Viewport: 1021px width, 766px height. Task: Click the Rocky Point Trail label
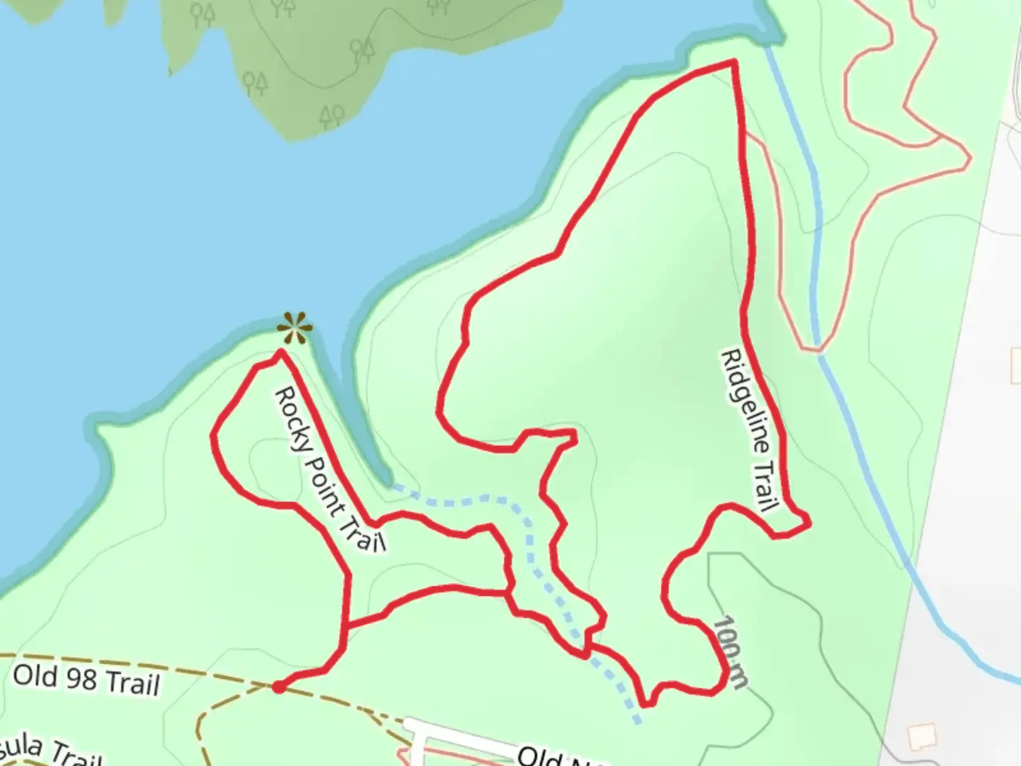click(330, 469)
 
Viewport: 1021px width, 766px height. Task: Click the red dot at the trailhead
click(279, 687)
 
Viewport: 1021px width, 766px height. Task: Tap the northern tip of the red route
click(733, 63)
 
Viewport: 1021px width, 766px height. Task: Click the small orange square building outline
click(922, 736)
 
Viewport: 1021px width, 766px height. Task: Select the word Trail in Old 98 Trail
click(131, 684)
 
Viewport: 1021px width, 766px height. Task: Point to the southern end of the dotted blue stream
click(639, 721)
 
